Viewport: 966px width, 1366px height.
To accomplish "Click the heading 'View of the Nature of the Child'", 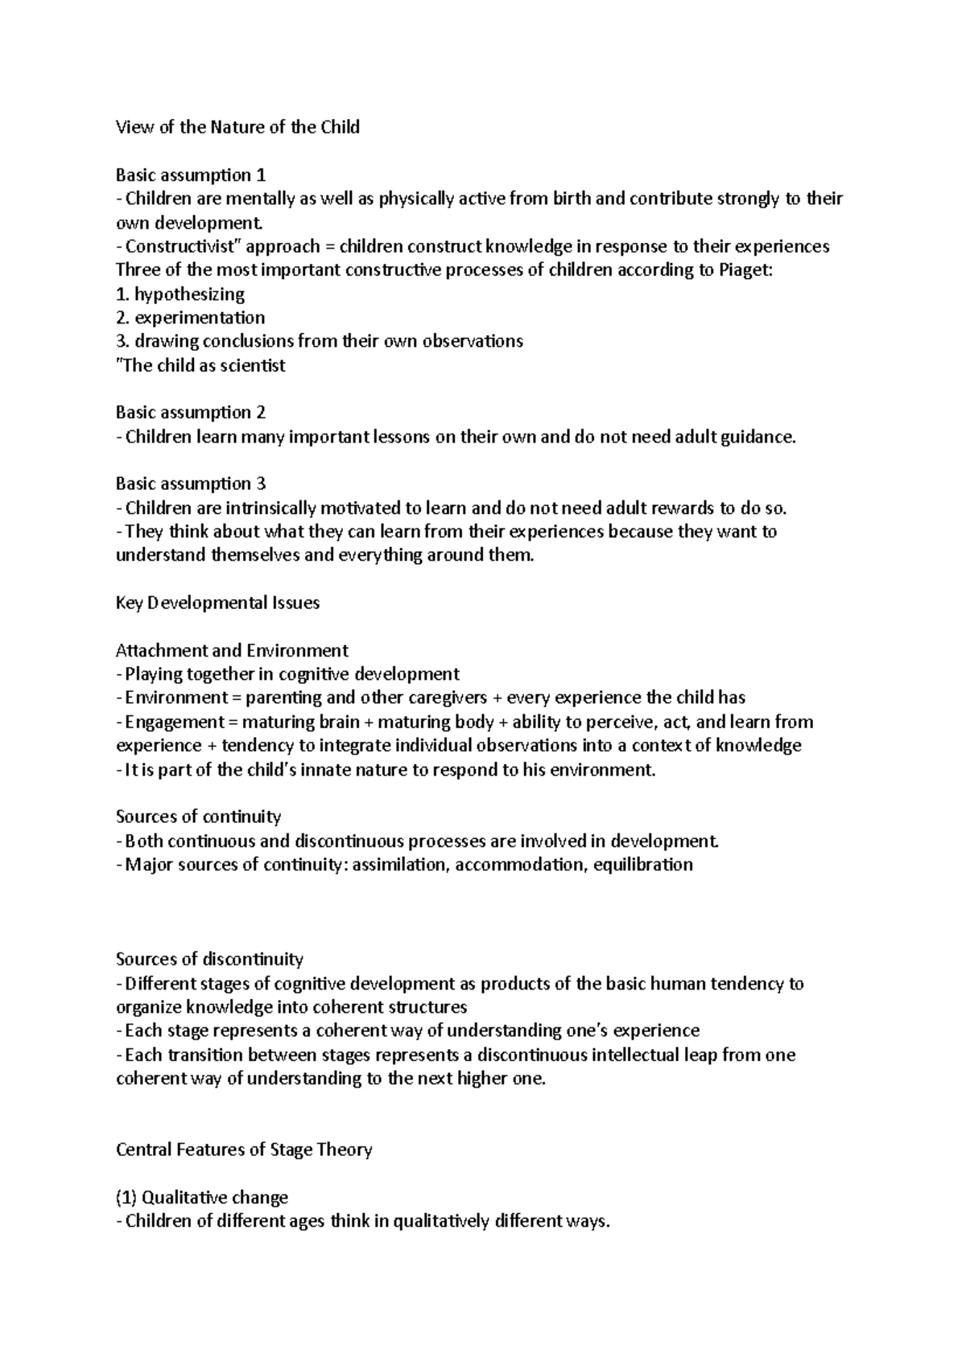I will point(237,127).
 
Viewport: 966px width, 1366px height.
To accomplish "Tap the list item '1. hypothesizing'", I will point(180,294).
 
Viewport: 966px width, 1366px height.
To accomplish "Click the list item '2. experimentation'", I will point(190,318).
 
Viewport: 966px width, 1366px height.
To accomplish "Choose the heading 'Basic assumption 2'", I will point(190,413).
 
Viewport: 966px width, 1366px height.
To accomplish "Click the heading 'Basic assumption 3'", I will point(190,483).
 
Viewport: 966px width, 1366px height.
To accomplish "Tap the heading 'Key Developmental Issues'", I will point(217,603).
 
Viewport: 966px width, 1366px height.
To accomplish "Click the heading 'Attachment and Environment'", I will point(232,650).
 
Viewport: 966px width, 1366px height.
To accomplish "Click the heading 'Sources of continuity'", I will point(198,817).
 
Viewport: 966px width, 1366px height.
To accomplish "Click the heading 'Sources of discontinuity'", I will point(209,959).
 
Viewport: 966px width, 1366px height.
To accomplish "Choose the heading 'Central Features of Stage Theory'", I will point(244,1150).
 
